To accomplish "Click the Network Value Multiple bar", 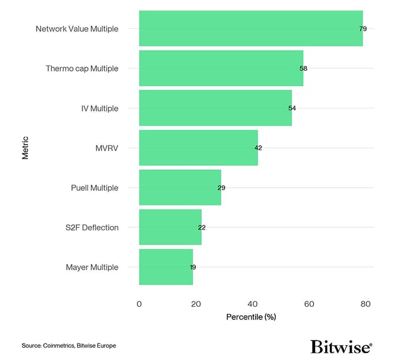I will [251, 28].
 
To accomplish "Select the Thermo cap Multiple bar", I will [221, 68].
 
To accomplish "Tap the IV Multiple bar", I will [215, 108].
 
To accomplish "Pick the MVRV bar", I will [198, 148].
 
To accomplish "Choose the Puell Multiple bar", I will [180, 188].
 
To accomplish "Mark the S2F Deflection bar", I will [170, 227].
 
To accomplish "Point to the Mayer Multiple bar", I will [166, 267].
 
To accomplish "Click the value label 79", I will [363, 28].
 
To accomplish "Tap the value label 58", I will [303, 68].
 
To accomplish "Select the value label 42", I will [258, 148].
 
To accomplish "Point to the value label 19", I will [193, 267].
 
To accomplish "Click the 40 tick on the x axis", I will [253, 304].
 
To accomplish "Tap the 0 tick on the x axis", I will [139, 304].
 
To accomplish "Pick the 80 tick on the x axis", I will [365, 304].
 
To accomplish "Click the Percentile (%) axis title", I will [251, 317].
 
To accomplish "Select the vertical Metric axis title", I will [25, 148].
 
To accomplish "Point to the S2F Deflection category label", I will [91, 227].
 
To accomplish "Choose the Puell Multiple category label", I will [94, 188].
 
